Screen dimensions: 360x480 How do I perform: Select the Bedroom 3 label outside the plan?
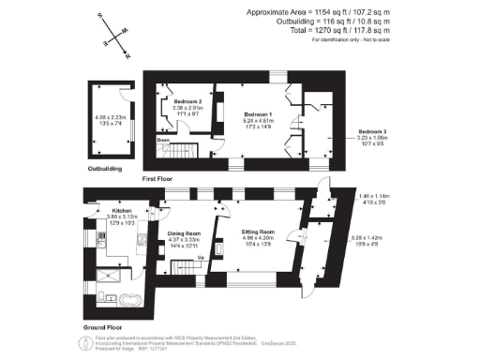pyautogui.click(x=372, y=130)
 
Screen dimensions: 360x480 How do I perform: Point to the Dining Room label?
pyautogui.click(x=185, y=233)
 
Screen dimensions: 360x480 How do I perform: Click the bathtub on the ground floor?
pyautogui.click(x=125, y=300)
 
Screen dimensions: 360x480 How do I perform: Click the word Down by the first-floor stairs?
pyautogui.click(x=163, y=141)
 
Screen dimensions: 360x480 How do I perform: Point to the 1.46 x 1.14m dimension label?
pyautogui.click(x=375, y=196)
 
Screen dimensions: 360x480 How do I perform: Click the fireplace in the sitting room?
pyautogui.click(x=219, y=249)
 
